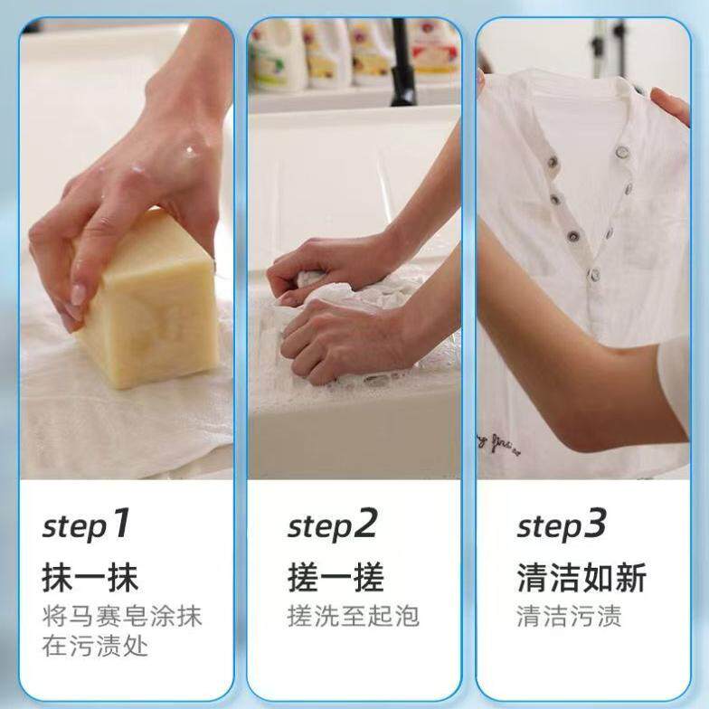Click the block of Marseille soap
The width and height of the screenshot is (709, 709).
tap(149, 303)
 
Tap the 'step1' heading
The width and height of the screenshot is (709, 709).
tap(87, 525)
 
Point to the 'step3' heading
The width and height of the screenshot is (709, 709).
tap(562, 525)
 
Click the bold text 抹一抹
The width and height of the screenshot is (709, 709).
tap(90, 577)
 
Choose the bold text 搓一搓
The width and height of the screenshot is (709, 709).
tap(336, 577)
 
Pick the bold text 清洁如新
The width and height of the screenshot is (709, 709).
tap(582, 577)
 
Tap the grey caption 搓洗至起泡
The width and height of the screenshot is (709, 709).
tap(354, 616)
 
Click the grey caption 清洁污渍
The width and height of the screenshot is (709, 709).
tap(570, 616)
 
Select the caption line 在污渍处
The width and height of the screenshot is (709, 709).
tap(95, 646)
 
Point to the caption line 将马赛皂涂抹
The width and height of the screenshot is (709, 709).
tap(121, 616)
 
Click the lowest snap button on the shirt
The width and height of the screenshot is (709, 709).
tap(595, 274)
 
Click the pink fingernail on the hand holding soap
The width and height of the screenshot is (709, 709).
tap(79, 295)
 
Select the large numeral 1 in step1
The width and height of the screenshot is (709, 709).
tap(120, 523)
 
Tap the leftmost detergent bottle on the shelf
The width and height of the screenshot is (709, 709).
tap(277, 53)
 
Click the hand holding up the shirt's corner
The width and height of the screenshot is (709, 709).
tap(671, 107)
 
